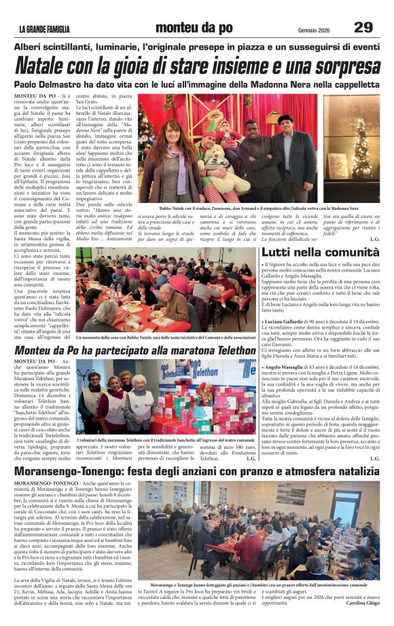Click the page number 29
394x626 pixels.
(363, 28)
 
